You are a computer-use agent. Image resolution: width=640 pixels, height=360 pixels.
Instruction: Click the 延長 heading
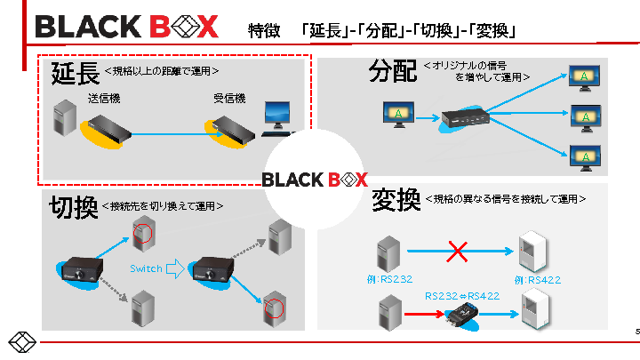pyautogui.click(x=75, y=73)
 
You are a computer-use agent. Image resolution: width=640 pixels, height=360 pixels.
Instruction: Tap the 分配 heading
pyautogui.click(x=393, y=72)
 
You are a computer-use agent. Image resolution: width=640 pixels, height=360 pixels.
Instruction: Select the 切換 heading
pyautogui.click(x=74, y=207)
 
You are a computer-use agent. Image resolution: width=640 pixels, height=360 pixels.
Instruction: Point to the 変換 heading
pyautogui.click(x=396, y=201)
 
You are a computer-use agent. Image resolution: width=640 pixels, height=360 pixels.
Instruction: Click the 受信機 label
pyautogui.click(x=228, y=98)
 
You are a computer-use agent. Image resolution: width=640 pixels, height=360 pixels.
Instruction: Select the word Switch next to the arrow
pyautogui.click(x=146, y=268)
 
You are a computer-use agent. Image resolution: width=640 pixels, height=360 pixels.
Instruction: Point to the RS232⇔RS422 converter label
pyautogui.click(x=461, y=296)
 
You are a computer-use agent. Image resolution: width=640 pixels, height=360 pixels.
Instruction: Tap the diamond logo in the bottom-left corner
pyautogui.click(x=21, y=343)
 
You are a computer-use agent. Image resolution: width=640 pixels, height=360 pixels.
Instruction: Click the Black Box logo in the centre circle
pyautogui.click(x=315, y=180)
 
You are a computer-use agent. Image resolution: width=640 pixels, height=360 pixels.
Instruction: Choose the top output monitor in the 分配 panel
pyautogui.click(x=583, y=77)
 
